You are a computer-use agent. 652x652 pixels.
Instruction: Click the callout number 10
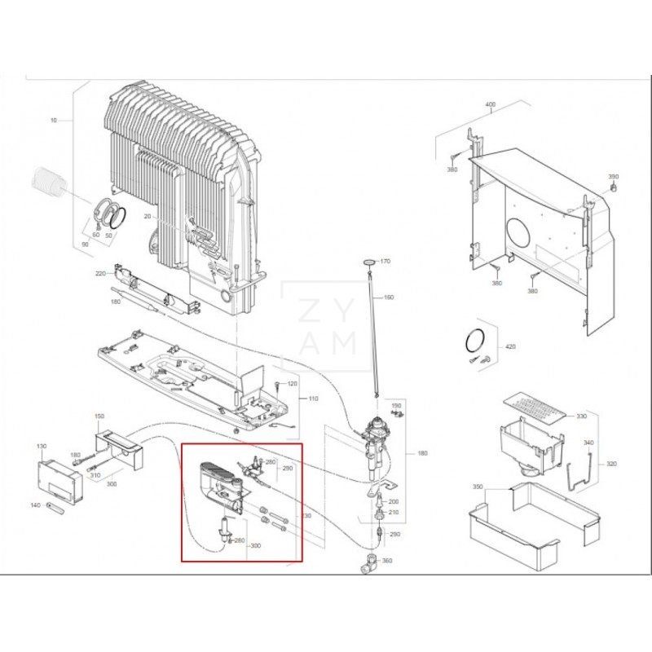54,120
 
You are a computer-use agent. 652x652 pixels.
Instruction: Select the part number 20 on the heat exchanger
148,216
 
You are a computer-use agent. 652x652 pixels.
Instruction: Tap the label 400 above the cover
490,105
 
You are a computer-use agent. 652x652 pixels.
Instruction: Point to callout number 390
614,177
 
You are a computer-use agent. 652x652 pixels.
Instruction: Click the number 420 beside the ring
510,346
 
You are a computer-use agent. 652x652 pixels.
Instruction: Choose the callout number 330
581,416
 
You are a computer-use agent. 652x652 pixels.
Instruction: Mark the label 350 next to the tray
478,487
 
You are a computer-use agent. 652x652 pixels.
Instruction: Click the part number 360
387,561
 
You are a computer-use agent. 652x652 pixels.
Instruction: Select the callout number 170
385,262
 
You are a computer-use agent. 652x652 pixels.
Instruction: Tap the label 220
101,273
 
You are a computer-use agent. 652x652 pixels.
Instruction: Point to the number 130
42,447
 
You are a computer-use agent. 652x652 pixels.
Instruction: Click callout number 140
35,505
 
